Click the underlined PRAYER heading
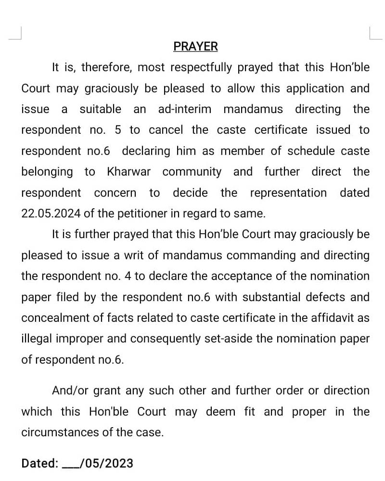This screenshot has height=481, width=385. click(195, 47)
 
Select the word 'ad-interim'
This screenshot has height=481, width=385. click(185, 109)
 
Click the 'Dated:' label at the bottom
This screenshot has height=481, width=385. click(39, 464)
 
